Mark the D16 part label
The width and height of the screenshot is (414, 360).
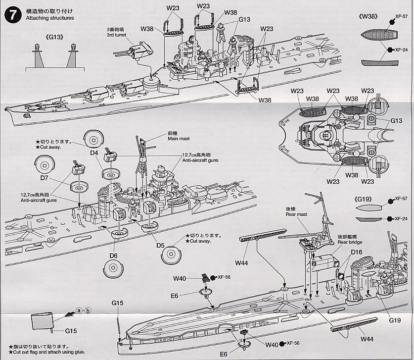point(357,253)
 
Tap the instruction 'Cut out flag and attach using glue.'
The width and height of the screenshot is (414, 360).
point(40,352)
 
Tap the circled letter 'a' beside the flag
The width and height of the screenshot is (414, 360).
point(79,310)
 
